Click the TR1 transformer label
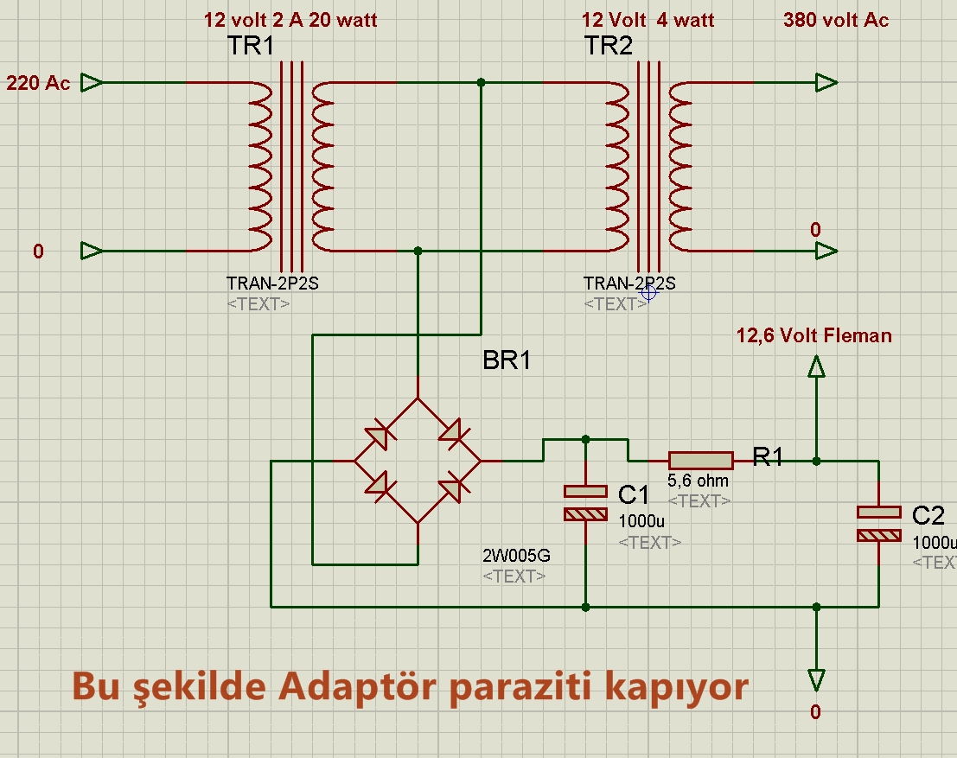click(x=251, y=47)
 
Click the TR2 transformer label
click(x=609, y=47)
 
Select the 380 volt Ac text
click(x=836, y=20)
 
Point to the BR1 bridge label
click(x=507, y=361)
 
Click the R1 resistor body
click(x=700, y=461)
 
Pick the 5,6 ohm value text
click(x=699, y=481)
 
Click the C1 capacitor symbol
click(x=585, y=502)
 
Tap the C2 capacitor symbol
click(x=879, y=523)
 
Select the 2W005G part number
click(x=516, y=556)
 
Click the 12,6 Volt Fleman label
click(x=813, y=335)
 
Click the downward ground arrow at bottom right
click(x=815, y=680)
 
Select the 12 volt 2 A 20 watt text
click(x=290, y=20)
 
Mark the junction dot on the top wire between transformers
click(x=482, y=83)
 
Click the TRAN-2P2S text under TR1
click(x=272, y=283)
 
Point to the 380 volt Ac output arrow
click(x=826, y=83)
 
